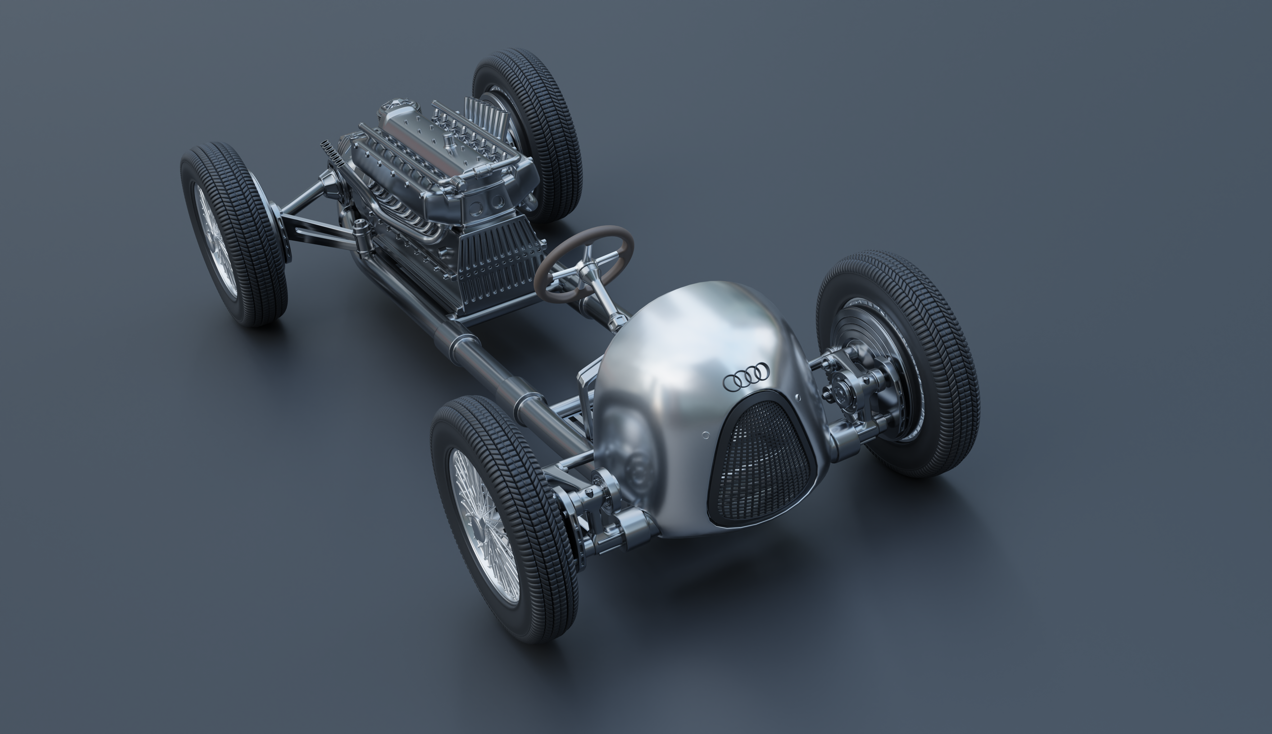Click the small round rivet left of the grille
coord(706,435)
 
